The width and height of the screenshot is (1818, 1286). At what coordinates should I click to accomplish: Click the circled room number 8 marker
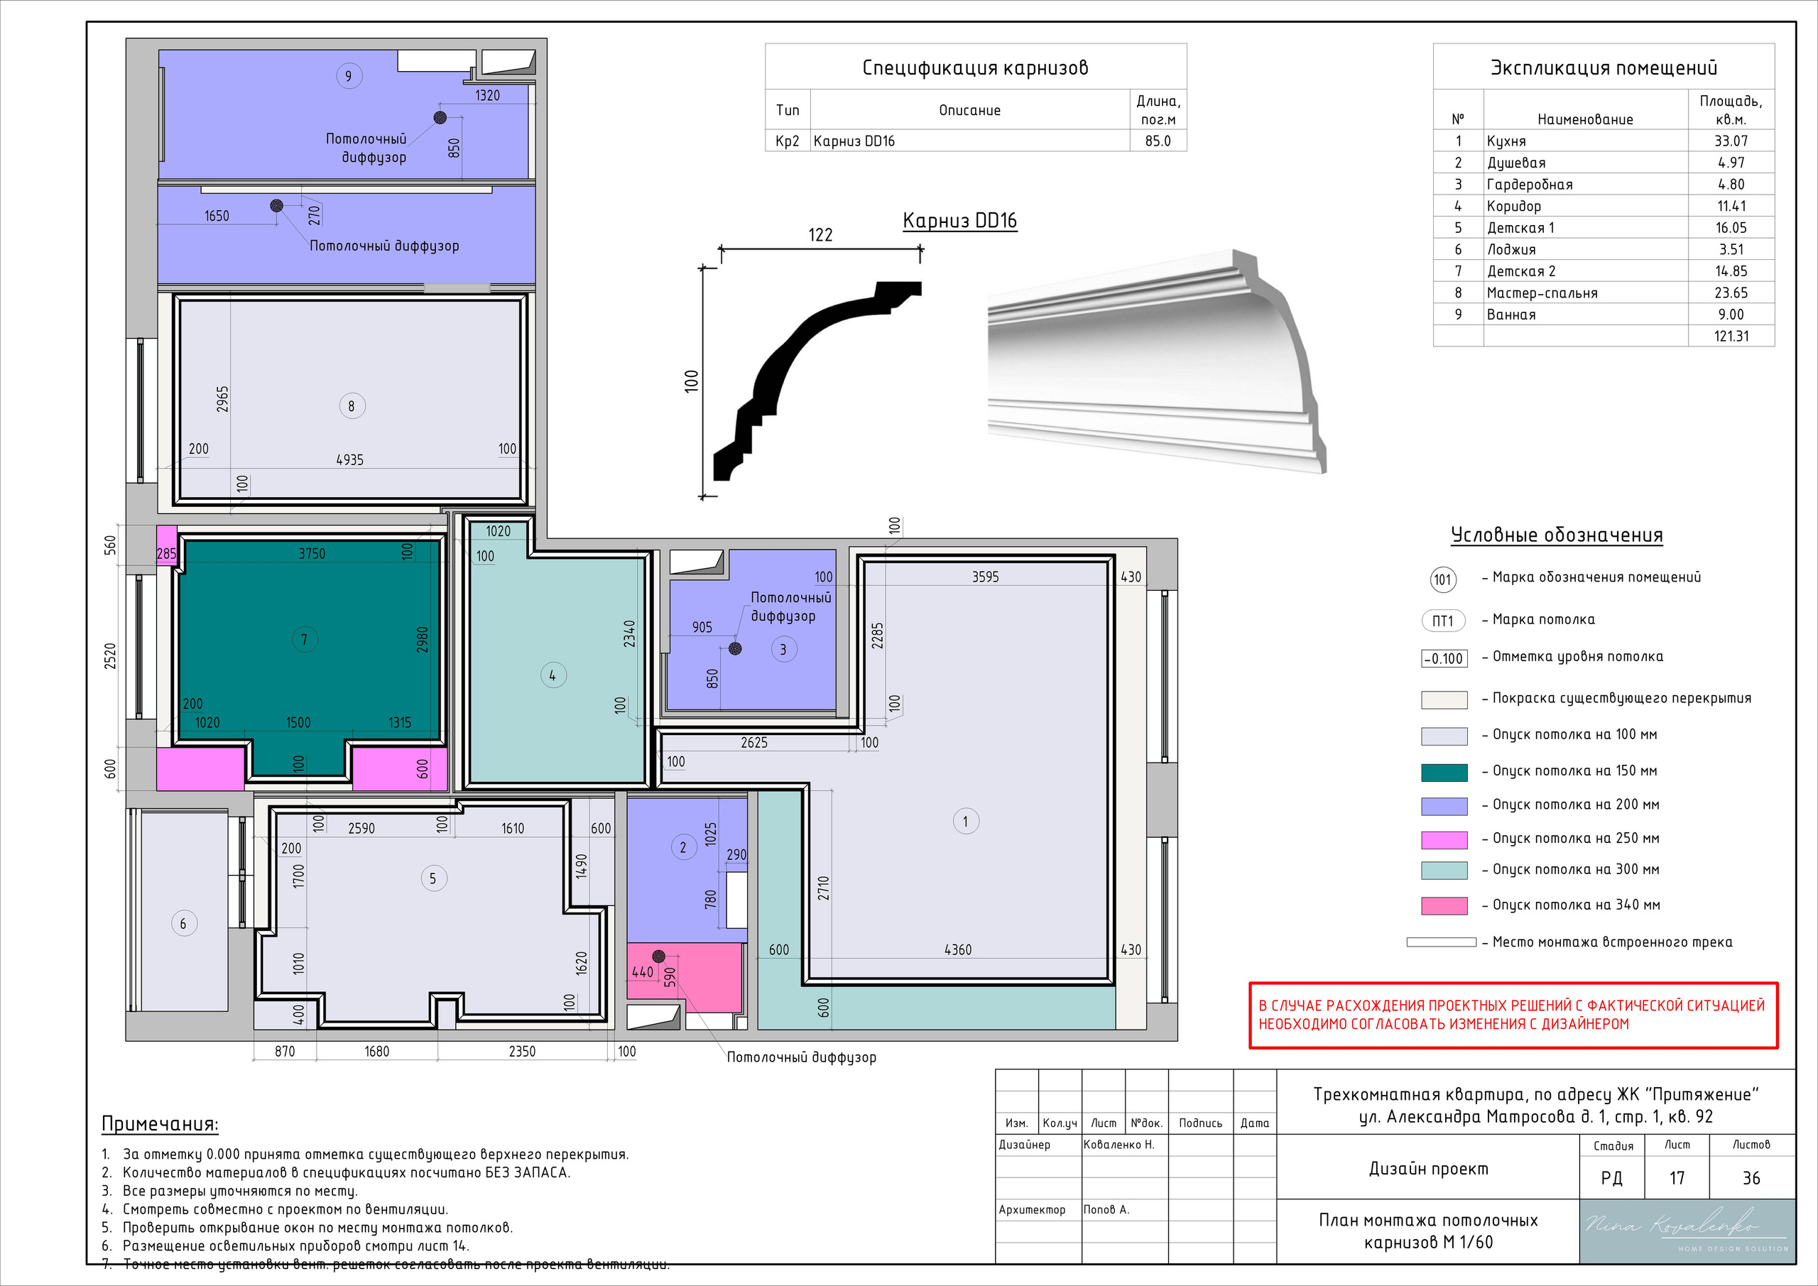pyautogui.click(x=352, y=406)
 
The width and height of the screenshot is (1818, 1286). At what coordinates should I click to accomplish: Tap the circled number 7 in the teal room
pyautogui.click(x=304, y=639)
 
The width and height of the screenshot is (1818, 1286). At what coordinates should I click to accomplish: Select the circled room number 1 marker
pyautogui.click(x=965, y=820)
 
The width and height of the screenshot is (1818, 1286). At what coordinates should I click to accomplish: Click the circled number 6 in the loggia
pyautogui.click(x=184, y=923)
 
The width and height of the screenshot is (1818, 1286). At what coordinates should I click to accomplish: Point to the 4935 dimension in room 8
pyautogui.click(x=349, y=459)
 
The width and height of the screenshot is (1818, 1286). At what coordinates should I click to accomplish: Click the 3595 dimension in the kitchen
pyautogui.click(x=985, y=577)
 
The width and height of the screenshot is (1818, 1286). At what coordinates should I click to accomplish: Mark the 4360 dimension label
pyautogui.click(x=957, y=949)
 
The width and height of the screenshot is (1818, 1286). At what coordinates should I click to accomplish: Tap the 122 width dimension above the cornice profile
pyautogui.click(x=820, y=234)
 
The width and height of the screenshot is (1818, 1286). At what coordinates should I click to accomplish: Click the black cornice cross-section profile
pyautogui.click(x=815, y=380)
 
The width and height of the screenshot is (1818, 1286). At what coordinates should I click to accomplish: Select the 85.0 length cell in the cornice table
pyautogui.click(x=1158, y=141)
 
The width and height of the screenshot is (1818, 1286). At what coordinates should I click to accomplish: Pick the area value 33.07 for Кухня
pyautogui.click(x=1731, y=141)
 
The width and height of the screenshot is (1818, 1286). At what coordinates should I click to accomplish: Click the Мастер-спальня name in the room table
pyautogui.click(x=1542, y=293)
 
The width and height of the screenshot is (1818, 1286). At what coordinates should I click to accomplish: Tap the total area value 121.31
pyautogui.click(x=1731, y=336)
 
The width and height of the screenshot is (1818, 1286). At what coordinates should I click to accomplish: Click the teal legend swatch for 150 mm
pyautogui.click(x=1444, y=772)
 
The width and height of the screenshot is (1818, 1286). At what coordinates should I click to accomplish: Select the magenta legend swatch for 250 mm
pyautogui.click(x=1444, y=839)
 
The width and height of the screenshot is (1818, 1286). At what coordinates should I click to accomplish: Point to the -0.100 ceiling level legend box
pyautogui.click(x=1444, y=659)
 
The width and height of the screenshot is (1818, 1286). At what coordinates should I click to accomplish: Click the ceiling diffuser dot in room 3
pyautogui.click(x=735, y=648)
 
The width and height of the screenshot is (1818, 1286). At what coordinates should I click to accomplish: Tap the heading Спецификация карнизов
pyautogui.click(x=975, y=68)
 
